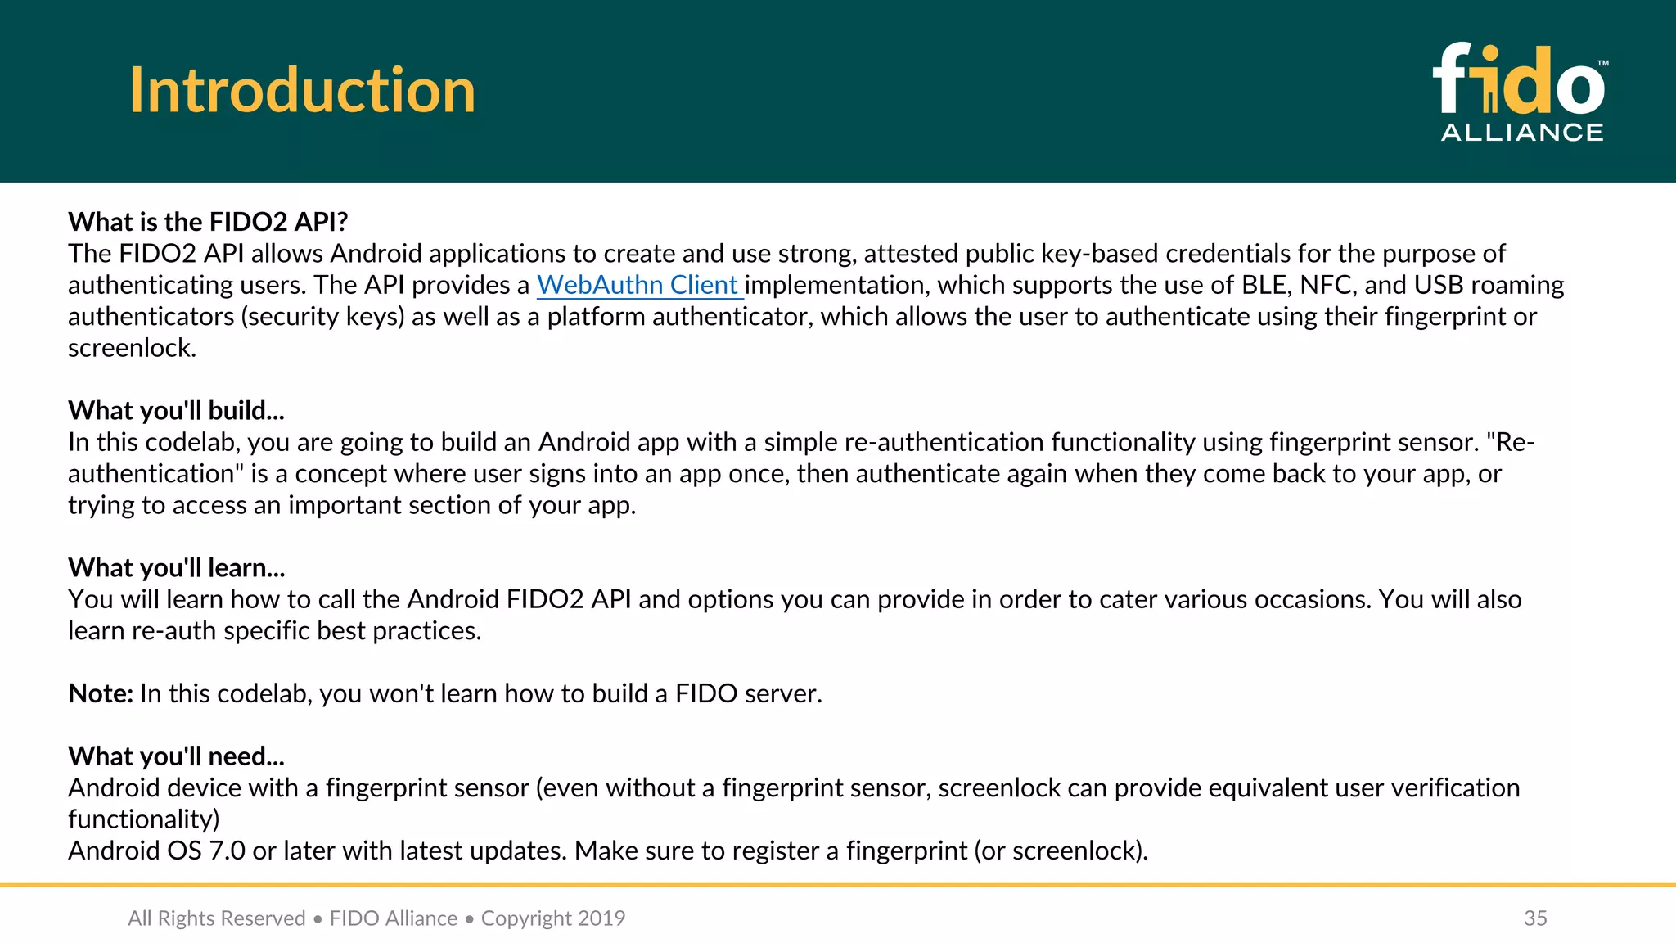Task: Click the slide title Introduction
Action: click(x=302, y=90)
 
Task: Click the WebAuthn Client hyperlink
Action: click(x=638, y=285)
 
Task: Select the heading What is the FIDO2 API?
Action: click(x=208, y=222)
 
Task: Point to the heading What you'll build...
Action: click(x=176, y=410)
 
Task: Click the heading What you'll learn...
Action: click(x=176, y=567)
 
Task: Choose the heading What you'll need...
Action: click(x=176, y=756)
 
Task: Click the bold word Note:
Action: click(x=101, y=693)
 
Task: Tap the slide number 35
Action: click(x=1535, y=918)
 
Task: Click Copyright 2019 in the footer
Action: click(x=553, y=918)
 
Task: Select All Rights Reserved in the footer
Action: click(x=216, y=918)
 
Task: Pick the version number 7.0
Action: click(x=227, y=851)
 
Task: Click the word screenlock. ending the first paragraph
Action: click(x=132, y=348)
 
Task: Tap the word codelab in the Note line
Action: click(x=264, y=693)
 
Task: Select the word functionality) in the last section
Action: click(x=143, y=819)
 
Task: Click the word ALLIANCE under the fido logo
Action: click(x=1521, y=133)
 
